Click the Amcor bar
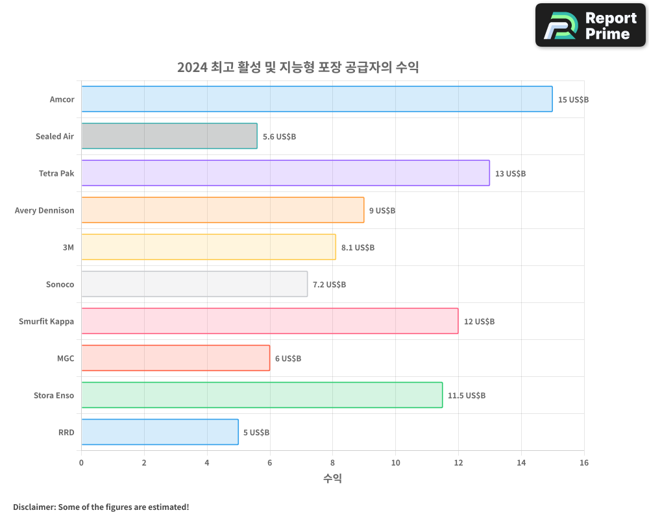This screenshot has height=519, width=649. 317,99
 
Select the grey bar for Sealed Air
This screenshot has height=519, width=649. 169,136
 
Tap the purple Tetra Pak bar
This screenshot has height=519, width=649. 285,173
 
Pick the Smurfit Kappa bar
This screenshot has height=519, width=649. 269,321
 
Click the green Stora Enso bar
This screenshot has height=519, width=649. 262,395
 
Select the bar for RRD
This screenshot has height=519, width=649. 160,432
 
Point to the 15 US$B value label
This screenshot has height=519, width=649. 573,100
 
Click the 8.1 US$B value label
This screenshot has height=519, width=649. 358,248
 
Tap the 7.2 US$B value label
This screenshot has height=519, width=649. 329,285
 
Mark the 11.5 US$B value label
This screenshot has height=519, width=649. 466,396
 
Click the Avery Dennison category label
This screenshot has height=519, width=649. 44,210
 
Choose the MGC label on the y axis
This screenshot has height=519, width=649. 66,358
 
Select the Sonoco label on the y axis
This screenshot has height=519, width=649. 60,284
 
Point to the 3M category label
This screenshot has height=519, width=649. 68,247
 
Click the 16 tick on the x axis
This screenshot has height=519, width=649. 583,463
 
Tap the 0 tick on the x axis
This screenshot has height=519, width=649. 81,463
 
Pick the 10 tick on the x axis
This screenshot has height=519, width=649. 395,463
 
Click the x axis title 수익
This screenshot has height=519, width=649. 332,479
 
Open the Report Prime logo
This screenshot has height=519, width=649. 591,25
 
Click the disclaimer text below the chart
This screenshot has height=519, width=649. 101,507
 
